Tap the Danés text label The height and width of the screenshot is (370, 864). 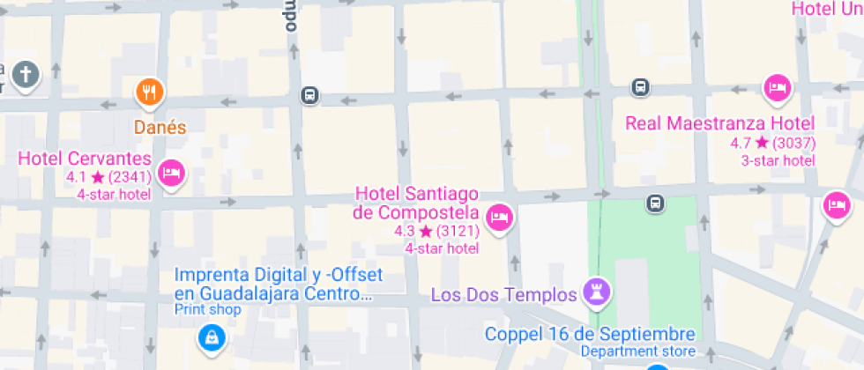pos(160,127)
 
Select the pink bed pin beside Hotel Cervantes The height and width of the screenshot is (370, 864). pos(171,173)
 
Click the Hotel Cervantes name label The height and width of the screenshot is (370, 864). pos(85,159)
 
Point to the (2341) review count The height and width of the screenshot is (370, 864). pos(129,178)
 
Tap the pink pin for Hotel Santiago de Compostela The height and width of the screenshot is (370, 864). pos(500,217)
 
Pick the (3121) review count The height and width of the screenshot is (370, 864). pos(458,232)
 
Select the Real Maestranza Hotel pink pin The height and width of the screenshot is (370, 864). pos(777,88)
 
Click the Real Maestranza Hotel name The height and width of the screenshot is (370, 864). pos(719,122)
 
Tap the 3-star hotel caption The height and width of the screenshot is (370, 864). pos(778,160)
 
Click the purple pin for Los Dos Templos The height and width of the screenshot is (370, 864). pos(597,292)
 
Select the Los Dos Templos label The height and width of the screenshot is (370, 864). pos(503,293)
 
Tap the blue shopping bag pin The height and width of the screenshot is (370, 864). pos(211,336)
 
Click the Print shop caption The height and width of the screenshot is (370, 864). pos(207,309)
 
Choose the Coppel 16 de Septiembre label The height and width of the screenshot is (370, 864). pos(590,335)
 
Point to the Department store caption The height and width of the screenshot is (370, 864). pos(637,351)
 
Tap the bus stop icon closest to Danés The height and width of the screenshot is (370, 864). pos(309,95)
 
